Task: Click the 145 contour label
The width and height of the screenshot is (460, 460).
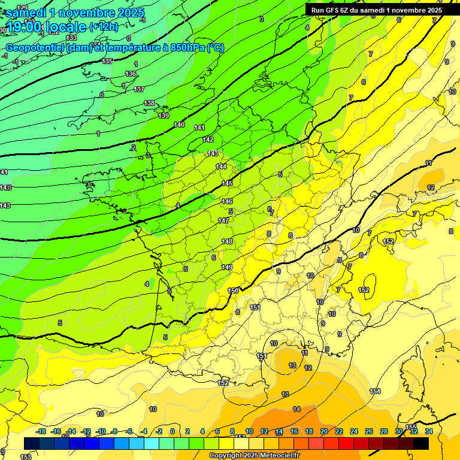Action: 227,183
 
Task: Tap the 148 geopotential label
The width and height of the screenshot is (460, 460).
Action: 227,241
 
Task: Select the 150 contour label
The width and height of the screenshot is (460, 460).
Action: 233,290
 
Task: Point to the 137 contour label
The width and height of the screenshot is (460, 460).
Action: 139,89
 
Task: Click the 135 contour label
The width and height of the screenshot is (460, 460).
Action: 107,62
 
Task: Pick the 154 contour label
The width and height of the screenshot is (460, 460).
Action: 375,391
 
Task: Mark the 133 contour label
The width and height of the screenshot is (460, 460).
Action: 71,38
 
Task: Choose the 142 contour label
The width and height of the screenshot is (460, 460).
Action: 208,140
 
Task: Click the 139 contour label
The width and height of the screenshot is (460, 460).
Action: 164,116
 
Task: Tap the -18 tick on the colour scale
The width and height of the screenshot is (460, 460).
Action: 41,431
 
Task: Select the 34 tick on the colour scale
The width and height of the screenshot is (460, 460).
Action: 429,431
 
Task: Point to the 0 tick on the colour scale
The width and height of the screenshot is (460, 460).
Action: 172,431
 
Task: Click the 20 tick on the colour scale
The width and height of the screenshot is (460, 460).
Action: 323,431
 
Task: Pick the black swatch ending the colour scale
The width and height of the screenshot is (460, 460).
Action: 421,443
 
